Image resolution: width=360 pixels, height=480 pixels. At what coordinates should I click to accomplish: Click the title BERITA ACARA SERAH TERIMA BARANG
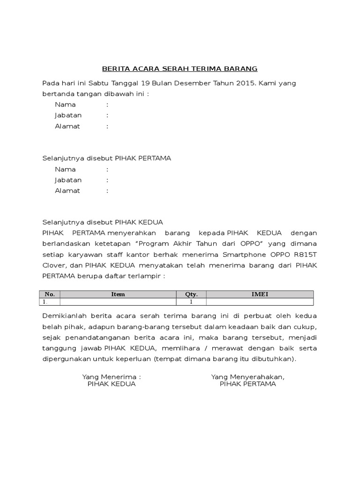[x=180, y=69]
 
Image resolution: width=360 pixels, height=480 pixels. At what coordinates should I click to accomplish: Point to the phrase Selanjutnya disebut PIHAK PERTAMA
[x=107, y=158]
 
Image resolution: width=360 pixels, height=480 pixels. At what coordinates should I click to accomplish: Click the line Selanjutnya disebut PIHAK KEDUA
[x=103, y=222]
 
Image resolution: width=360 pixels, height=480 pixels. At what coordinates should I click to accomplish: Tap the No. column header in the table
[x=50, y=294]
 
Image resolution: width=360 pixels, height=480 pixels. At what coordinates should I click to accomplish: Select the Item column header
[x=118, y=294]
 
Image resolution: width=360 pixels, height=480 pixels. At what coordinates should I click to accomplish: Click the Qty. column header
[x=191, y=294]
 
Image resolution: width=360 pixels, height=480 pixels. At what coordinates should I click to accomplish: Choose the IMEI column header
[x=260, y=294]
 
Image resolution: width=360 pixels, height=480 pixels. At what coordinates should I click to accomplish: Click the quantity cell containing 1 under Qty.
[x=191, y=302]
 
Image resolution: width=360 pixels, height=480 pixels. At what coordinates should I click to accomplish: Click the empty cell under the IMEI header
[x=260, y=302]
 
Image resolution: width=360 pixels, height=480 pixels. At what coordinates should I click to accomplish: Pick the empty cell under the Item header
[x=118, y=302]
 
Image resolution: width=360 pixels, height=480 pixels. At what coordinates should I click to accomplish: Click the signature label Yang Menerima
[x=112, y=376]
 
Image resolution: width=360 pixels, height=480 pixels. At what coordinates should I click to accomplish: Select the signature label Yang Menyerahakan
[x=248, y=376]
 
